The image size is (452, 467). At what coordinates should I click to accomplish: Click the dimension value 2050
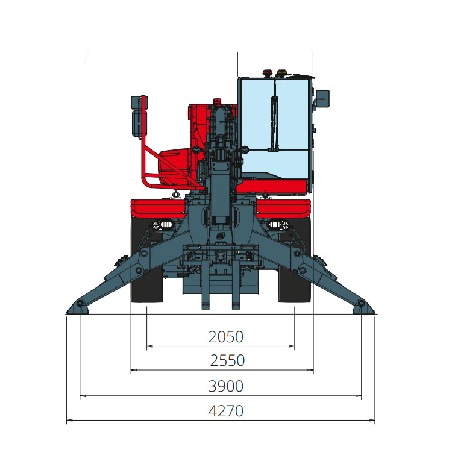(x=226, y=337)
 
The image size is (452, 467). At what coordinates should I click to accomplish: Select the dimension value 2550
(x=227, y=360)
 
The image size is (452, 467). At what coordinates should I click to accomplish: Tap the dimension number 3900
(x=226, y=386)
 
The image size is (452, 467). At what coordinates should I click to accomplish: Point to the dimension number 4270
(x=226, y=411)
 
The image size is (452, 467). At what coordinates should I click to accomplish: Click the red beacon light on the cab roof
(x=267, y=73)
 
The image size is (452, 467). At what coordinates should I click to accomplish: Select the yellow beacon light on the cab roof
(x=282, y=73)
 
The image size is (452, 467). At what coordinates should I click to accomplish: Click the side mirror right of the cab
(x=322, y=98)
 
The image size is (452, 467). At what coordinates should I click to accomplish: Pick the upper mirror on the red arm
(x=137, y=102)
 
